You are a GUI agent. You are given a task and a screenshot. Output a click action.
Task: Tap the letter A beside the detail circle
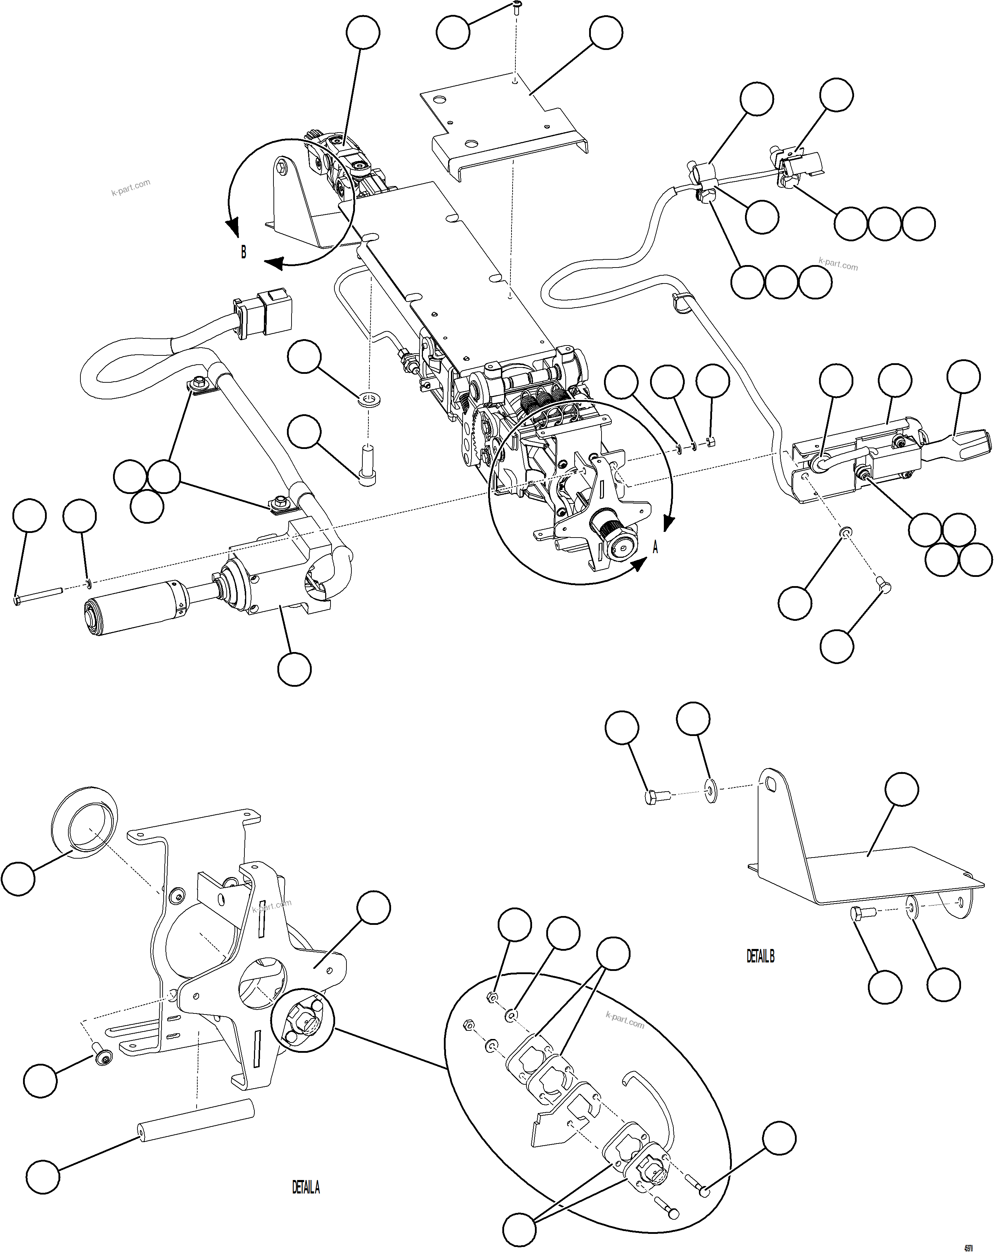pyautogui.click(x=655, y=547)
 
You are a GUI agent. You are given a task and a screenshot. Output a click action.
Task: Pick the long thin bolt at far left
pyautogui.click(x=38, y=596)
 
